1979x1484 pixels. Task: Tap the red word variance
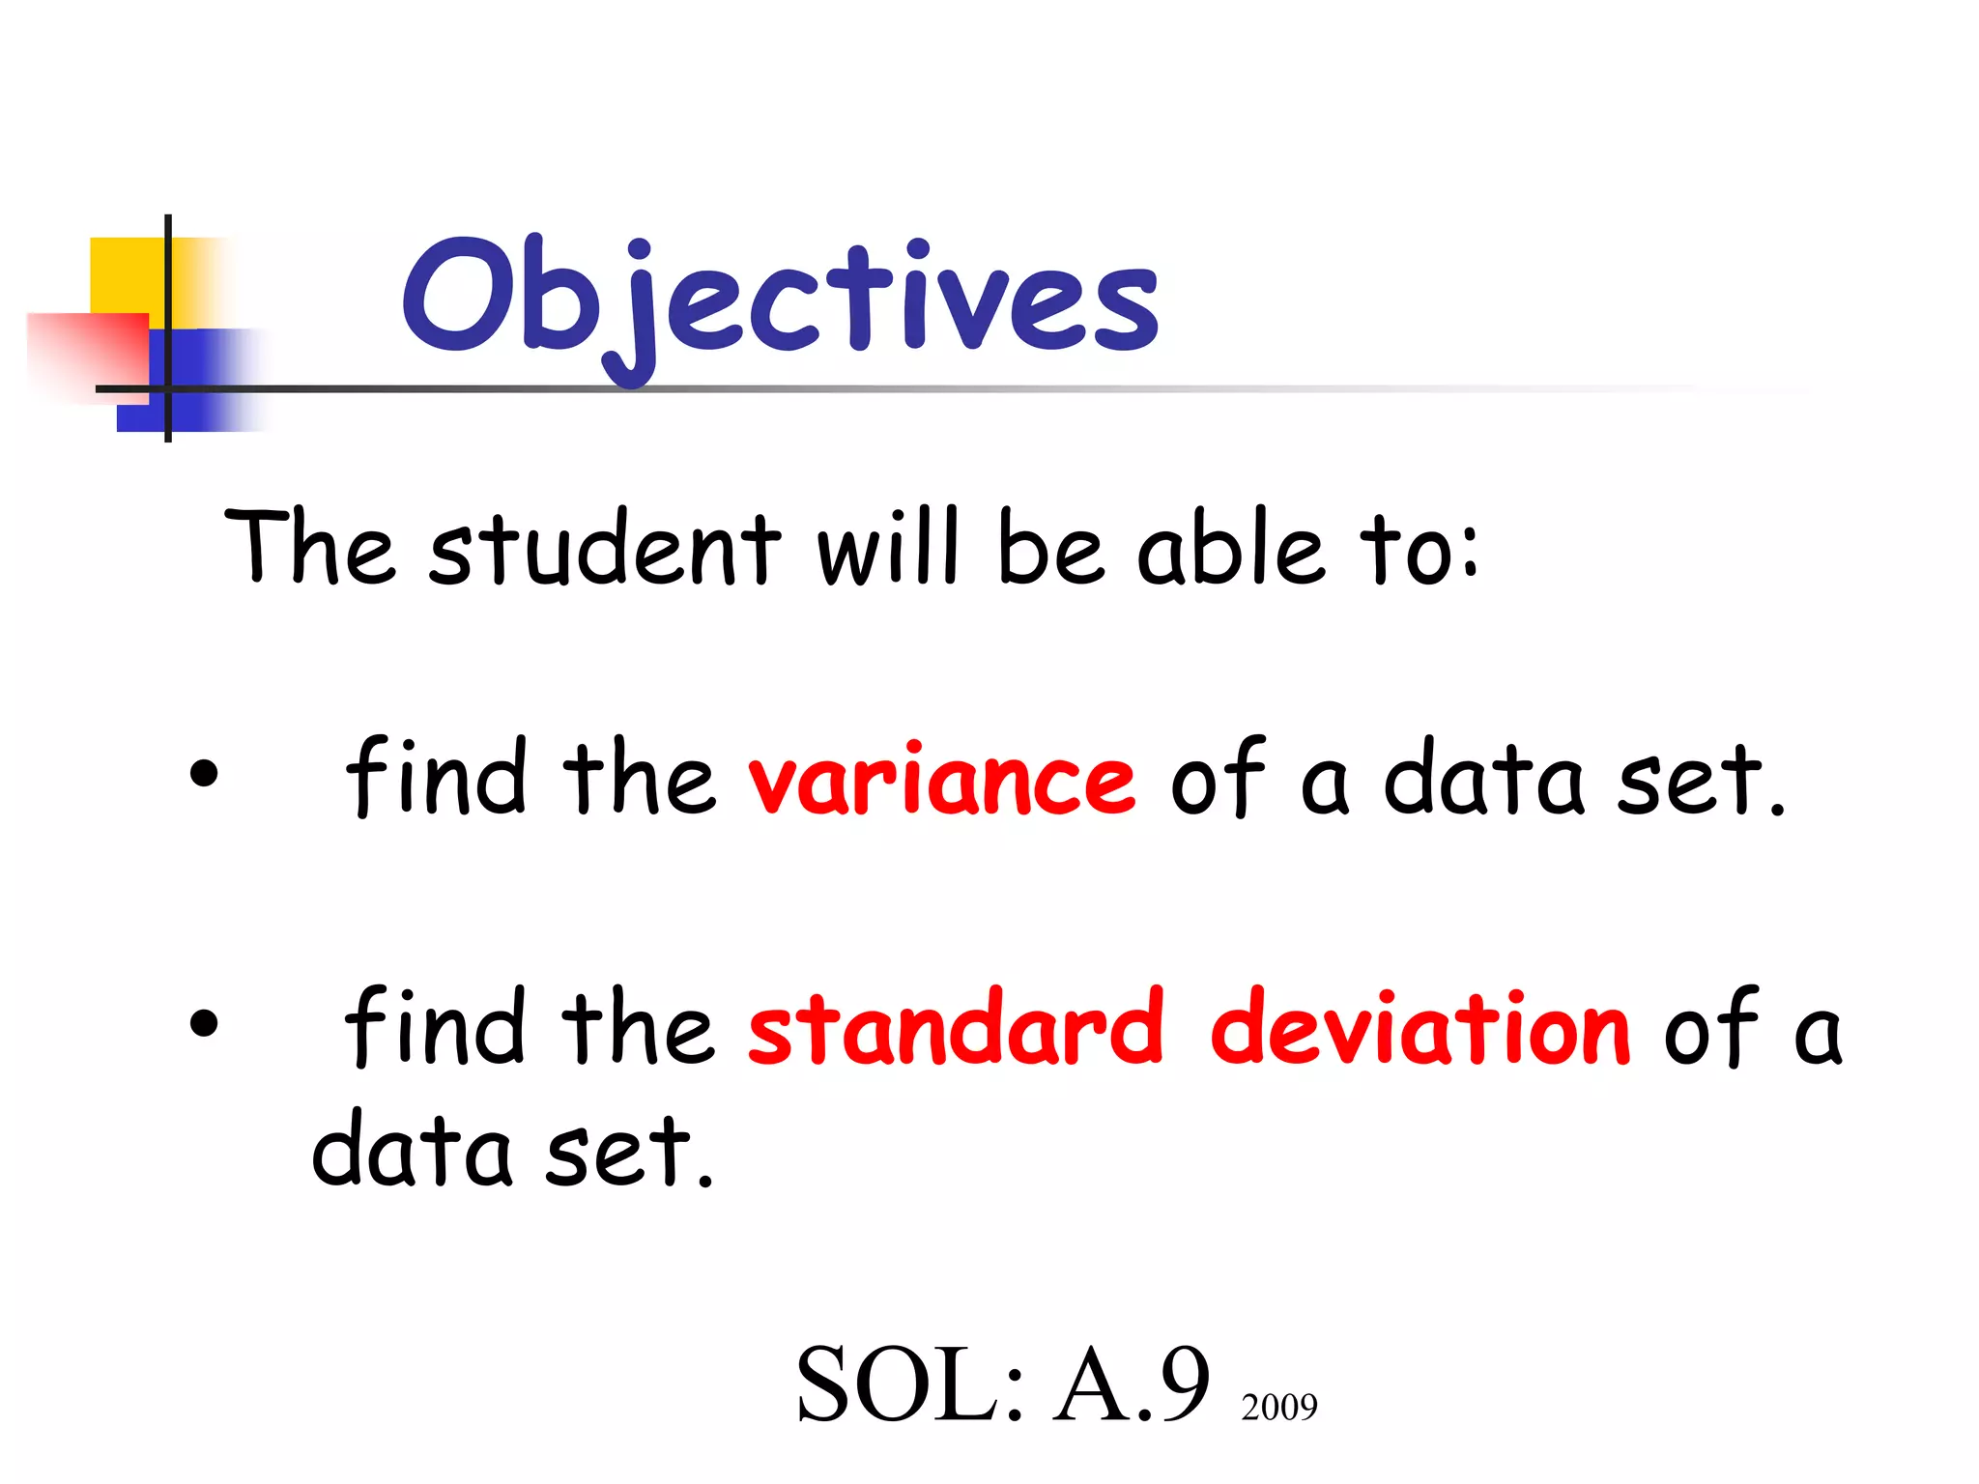pyautogui.click(x=941, y=779)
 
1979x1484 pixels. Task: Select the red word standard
pyautogui.click(x=956, y=1028)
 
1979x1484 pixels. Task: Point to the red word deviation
pyautogui.click(x=1420, y=1028)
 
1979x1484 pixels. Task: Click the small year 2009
pyautogui.click(x=1278, y=1408)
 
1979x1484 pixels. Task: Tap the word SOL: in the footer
pyautogui.click(x=908, y=1385)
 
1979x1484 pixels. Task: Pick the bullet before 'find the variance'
pyautogui.click(x=204, y=774)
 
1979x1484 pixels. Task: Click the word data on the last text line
pyautogui.click(x=411, y=1150)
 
